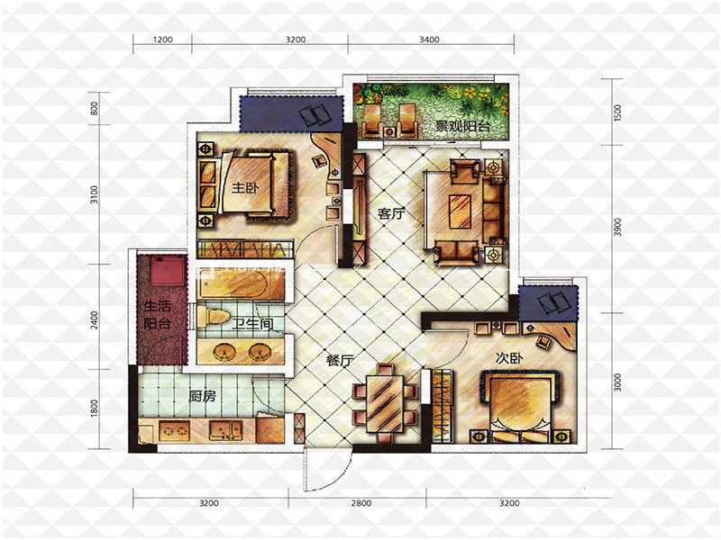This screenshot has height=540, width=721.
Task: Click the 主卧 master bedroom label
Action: (245, 187)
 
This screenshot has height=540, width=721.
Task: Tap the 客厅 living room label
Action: (391, 214)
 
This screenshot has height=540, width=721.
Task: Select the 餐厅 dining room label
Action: (341, 360)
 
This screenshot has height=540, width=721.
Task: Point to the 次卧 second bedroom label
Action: (509, 357)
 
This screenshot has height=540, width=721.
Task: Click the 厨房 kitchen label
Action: (202, 396)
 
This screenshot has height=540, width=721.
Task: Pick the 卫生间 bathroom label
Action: (252, 324)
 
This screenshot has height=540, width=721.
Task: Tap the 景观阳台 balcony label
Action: (462, 126)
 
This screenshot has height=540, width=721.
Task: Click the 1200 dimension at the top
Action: (163, 40)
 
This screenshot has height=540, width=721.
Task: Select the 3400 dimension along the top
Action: (429, 40)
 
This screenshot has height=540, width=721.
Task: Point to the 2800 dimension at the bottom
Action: (361, 503)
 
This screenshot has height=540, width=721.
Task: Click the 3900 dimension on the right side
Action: (617, 228)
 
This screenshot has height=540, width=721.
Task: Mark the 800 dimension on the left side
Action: (95, 108)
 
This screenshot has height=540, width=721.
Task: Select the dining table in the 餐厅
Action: (385, 404)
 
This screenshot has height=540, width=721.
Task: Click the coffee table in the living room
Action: (461, 211)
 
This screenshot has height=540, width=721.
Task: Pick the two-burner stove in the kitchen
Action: (174, 431)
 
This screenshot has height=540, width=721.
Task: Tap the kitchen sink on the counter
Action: (226, 431)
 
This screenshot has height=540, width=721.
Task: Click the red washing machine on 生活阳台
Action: (168, 271)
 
